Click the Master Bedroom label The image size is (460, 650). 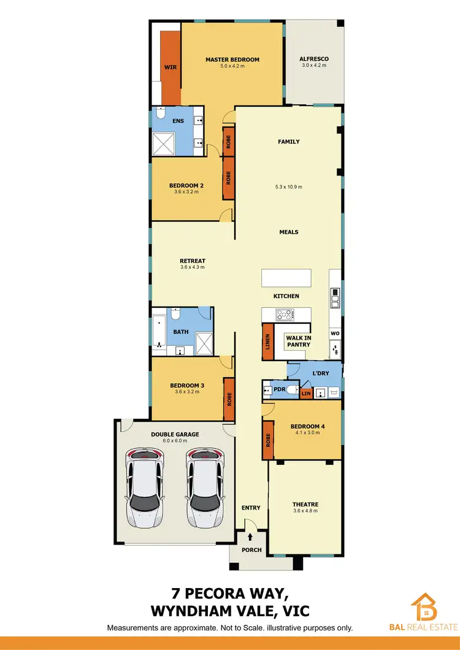tap(232, 59)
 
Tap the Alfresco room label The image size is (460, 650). tap(313, 59)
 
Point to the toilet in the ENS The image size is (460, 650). tap(161, 113)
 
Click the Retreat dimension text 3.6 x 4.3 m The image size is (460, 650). tap(193, 267)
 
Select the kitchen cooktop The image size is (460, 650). tap(286, 315)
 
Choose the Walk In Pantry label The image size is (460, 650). tap(297, 341)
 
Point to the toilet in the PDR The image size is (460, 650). tap(289, 389)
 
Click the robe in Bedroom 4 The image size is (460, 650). tap(268, 440)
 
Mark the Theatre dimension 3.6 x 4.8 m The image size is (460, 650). tap(305, 511)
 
